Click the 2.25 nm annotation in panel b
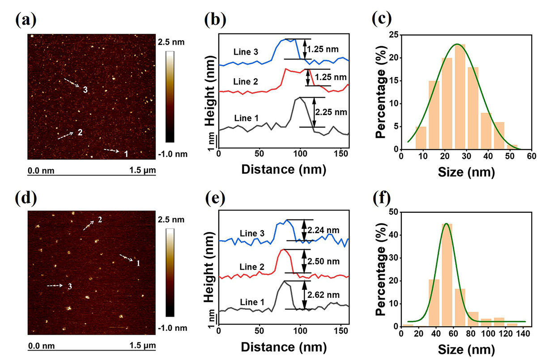tap(329, 111)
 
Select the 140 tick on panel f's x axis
tap(522, 334)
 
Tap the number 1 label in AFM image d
tap(138, 263)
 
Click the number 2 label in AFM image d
tap(100, 219)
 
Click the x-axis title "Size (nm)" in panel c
tap(463, 171)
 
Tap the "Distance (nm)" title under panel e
tap(283, 348)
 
